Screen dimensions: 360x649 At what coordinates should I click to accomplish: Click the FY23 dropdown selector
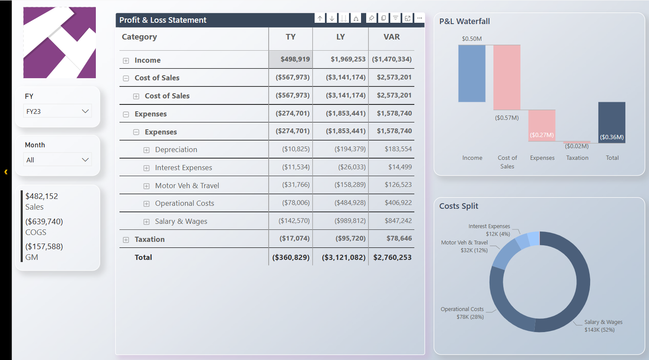click(x=58, y=111)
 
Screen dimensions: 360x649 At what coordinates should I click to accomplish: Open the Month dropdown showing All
click(x=58, y=160)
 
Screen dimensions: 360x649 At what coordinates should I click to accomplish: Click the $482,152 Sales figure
click(x=42, y=196)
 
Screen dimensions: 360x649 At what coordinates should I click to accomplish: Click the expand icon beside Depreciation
click(x=147, y=150)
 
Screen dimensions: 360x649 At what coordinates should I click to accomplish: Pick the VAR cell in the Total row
click(x=392, y=257)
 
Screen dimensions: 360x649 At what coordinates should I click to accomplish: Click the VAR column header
click(x=392, y=37)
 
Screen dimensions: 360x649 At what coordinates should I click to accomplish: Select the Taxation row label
click(x=150, y=239)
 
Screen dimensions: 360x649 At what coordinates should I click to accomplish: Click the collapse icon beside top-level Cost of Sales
click(x=126, y=78)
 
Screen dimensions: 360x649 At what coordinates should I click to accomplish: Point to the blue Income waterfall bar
click(x=471, y=73)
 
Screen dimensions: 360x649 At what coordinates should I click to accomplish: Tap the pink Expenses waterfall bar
click(x=542, y=125)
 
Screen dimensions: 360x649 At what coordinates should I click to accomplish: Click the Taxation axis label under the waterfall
click(x=577, y=158)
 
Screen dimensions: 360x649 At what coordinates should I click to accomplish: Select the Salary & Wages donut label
click(x=603, y=326)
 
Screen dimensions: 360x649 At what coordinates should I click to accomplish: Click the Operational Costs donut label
click(x=462, y=313)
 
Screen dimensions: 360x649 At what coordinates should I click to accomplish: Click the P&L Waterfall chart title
click(x=464, y=21)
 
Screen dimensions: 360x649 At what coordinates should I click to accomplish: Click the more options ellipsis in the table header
click(x=419, y=18)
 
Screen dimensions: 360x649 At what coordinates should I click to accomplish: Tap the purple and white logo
click(x=59, y=43)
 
